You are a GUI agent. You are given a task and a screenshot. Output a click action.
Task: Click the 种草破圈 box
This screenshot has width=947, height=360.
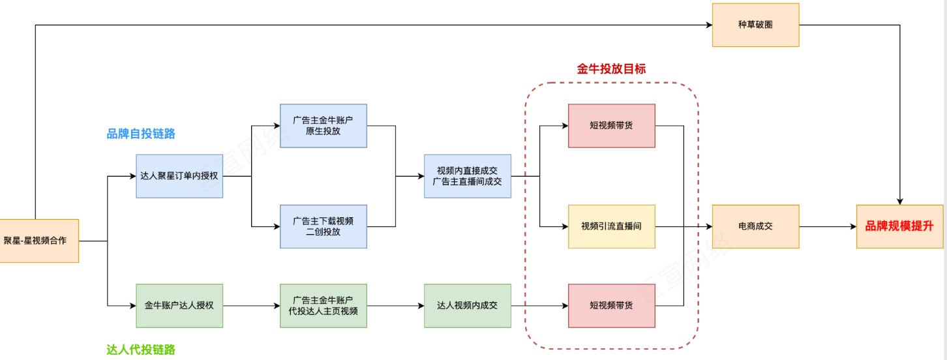click(x=755, y=25)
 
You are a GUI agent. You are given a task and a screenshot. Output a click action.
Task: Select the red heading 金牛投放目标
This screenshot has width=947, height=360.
click(x=611, y=68)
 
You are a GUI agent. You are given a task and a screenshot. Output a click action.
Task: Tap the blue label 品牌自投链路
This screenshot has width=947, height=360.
click(x=141, y=134)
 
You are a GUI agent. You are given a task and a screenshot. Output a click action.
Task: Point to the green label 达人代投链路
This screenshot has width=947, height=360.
click(x=141, y=350)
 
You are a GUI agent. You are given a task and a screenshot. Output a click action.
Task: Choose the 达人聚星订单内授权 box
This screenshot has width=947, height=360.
click(x=179, y=176)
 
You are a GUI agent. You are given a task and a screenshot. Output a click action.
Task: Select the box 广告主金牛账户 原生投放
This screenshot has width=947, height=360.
click(x=323, y=126)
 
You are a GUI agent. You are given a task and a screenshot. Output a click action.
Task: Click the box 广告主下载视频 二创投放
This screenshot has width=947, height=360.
click(x=323, y=226)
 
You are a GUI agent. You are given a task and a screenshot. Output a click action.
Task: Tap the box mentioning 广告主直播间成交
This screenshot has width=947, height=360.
click(x=467, y=176)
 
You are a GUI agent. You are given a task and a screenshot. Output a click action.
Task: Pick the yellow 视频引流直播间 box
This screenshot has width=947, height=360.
click(x=611, y=226)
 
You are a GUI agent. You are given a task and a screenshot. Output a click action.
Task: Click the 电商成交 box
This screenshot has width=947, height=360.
click(x=755, y=226)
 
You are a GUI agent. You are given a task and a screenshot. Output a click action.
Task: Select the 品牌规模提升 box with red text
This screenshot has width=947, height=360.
click(x=899, y=226)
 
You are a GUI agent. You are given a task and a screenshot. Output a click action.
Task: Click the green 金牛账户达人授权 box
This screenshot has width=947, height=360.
click(x=179, y=305)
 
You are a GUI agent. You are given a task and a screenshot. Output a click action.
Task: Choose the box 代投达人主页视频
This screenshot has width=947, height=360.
click(x=323, y=305)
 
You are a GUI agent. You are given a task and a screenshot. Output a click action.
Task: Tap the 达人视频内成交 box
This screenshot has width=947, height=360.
click(x=467, y=305)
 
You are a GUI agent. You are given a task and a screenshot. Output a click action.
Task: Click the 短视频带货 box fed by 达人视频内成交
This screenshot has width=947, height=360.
click(x=611, y=305)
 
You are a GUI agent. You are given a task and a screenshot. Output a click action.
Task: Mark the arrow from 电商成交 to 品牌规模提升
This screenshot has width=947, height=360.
click(x=827, y=226)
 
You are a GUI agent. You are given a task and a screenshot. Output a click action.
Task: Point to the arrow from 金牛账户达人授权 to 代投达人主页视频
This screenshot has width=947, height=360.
click(x=251, y=305)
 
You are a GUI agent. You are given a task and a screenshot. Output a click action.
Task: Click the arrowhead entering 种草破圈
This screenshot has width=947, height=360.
click(x=708, y=25)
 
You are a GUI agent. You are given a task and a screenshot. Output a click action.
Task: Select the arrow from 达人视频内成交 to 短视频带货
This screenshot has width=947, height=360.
click(x=539, y=305)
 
